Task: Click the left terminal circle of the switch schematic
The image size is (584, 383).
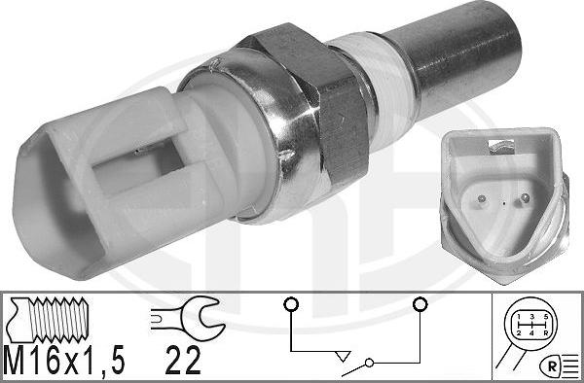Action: point(289,304)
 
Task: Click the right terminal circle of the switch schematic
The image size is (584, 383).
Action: point(420,304)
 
